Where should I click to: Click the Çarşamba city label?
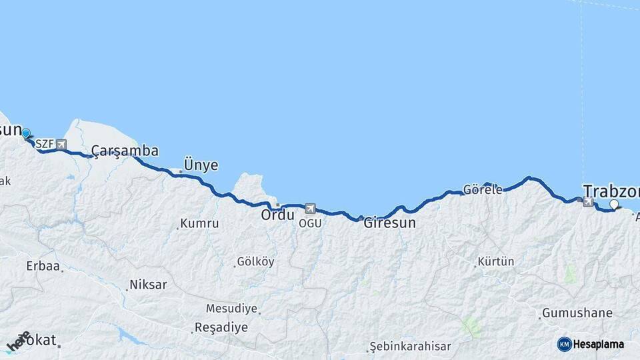click(x=125, y=151)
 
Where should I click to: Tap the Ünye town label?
click(x=201, y=165)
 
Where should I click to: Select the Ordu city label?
click(x=277, y=215)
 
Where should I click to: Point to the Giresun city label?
click(x=389, y=223)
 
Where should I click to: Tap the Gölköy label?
click(x=255, y=262)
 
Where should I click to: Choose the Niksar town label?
click(x=148, y=285)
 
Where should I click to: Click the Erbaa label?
click(x=43, y=266)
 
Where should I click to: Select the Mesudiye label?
click(x=231, y=309)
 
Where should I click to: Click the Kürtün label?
click(x=496, y=262)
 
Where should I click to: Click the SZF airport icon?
click(x=61, y=144)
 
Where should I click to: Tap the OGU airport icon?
click(x=310, y=209)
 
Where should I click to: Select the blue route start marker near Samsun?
click(x=26, y=134)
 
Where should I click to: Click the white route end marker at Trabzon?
click(x=614, y=205)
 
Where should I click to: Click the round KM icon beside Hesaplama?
click(x=565, y=344)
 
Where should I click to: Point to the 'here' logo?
click(x=19, y=341)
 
